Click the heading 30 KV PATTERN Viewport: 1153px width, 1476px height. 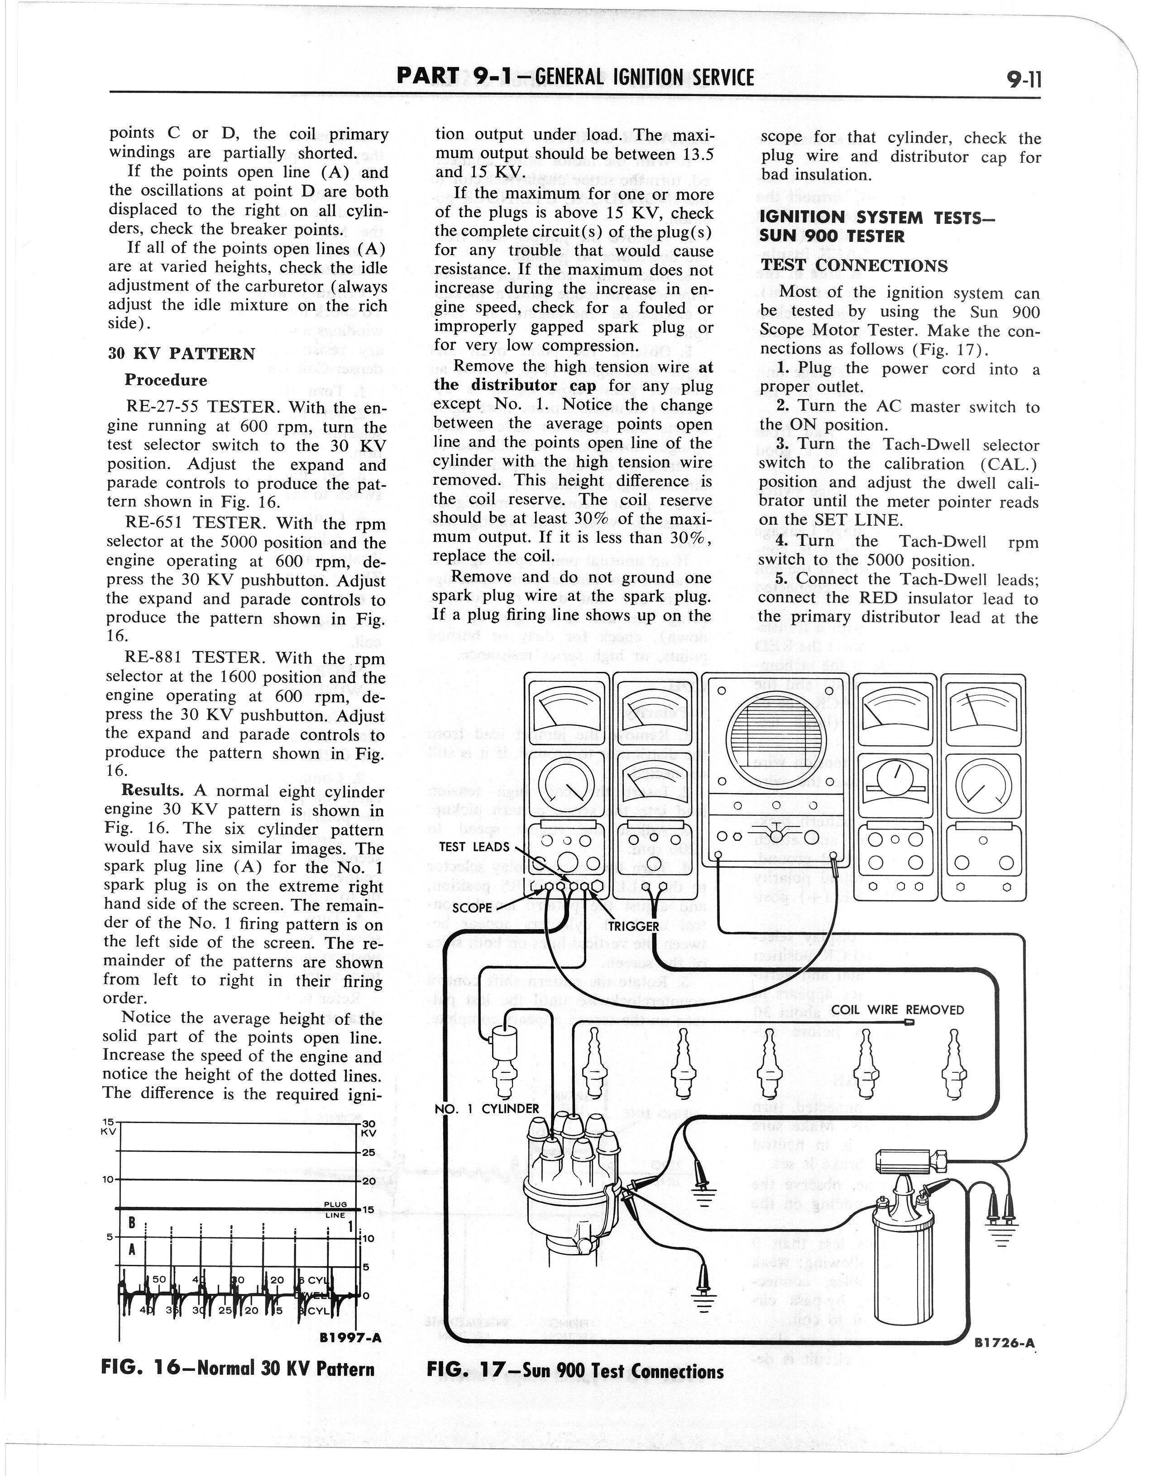click(182, 354)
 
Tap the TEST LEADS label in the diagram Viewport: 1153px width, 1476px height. click(474, 847)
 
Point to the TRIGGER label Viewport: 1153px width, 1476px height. click(632, 926)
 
